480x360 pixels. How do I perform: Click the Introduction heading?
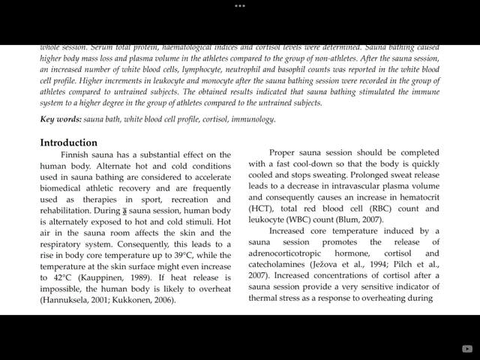click(x=69, y=142)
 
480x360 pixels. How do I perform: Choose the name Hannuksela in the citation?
click(x=70, y=300)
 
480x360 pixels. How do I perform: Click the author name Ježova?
click(x=330, y=265)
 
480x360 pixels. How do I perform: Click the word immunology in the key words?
click(x=253, y=119)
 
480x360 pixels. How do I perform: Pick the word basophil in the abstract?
click(x=285, y=70)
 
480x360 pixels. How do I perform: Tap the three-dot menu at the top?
click(x=240, y=5)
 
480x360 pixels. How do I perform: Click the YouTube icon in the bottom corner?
click(x=468, y=348)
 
